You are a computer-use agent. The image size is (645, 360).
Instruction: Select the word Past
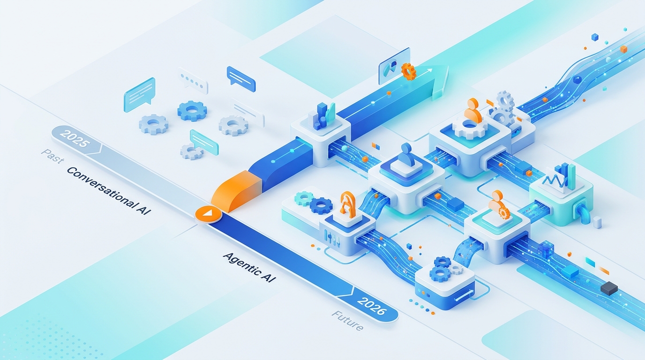pyautogui.click(x=52, y=156)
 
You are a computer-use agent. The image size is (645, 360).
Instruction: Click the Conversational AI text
pyautogui.click(x=109, y=190)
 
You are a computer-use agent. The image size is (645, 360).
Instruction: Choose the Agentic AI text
pyautogui.click(x=249, y=267)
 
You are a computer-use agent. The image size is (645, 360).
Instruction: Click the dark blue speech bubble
pyautogui.click(x=241, y=77)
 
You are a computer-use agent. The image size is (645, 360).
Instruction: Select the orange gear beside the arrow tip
pyautogui.click(x=409, y=71)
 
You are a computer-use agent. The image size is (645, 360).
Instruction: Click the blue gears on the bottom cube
pyautogui.click(x=442, y=267)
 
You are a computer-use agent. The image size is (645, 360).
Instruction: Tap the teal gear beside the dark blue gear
pyautogui.click(x=303, y=199)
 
